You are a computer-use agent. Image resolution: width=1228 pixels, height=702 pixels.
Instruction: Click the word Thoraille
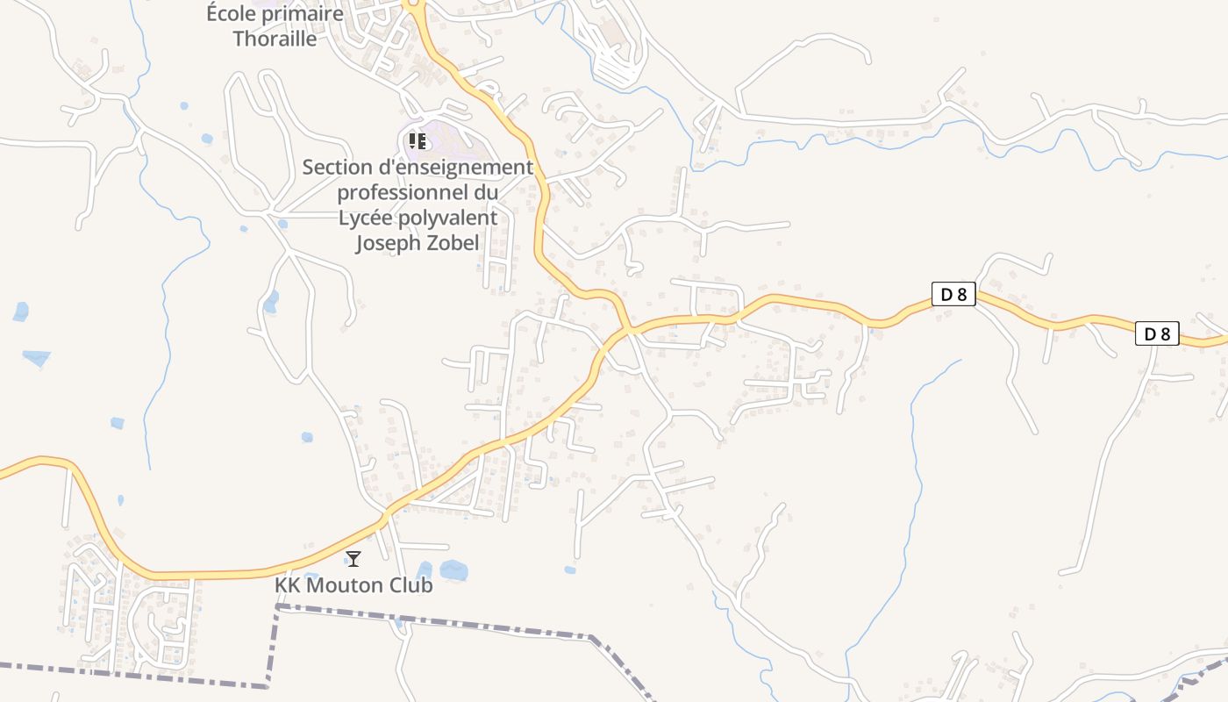[x=275, y=39]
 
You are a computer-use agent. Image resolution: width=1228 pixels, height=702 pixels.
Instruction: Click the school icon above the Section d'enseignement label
[x=418, y=140]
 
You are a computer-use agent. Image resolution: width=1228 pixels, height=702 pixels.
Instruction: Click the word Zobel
[x=453, y=243]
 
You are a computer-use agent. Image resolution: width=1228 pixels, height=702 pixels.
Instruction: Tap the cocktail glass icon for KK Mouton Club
[x=353, y=558]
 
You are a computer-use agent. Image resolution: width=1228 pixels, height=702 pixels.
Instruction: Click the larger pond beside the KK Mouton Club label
[x=453, y=570]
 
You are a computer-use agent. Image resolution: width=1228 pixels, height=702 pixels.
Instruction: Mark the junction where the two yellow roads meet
[x=629, y=330]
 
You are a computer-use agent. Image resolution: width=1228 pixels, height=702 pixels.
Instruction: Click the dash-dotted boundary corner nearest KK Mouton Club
[x=279, y=605]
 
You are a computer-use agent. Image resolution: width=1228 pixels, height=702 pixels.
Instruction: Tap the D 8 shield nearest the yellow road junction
[x=953, y=294]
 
